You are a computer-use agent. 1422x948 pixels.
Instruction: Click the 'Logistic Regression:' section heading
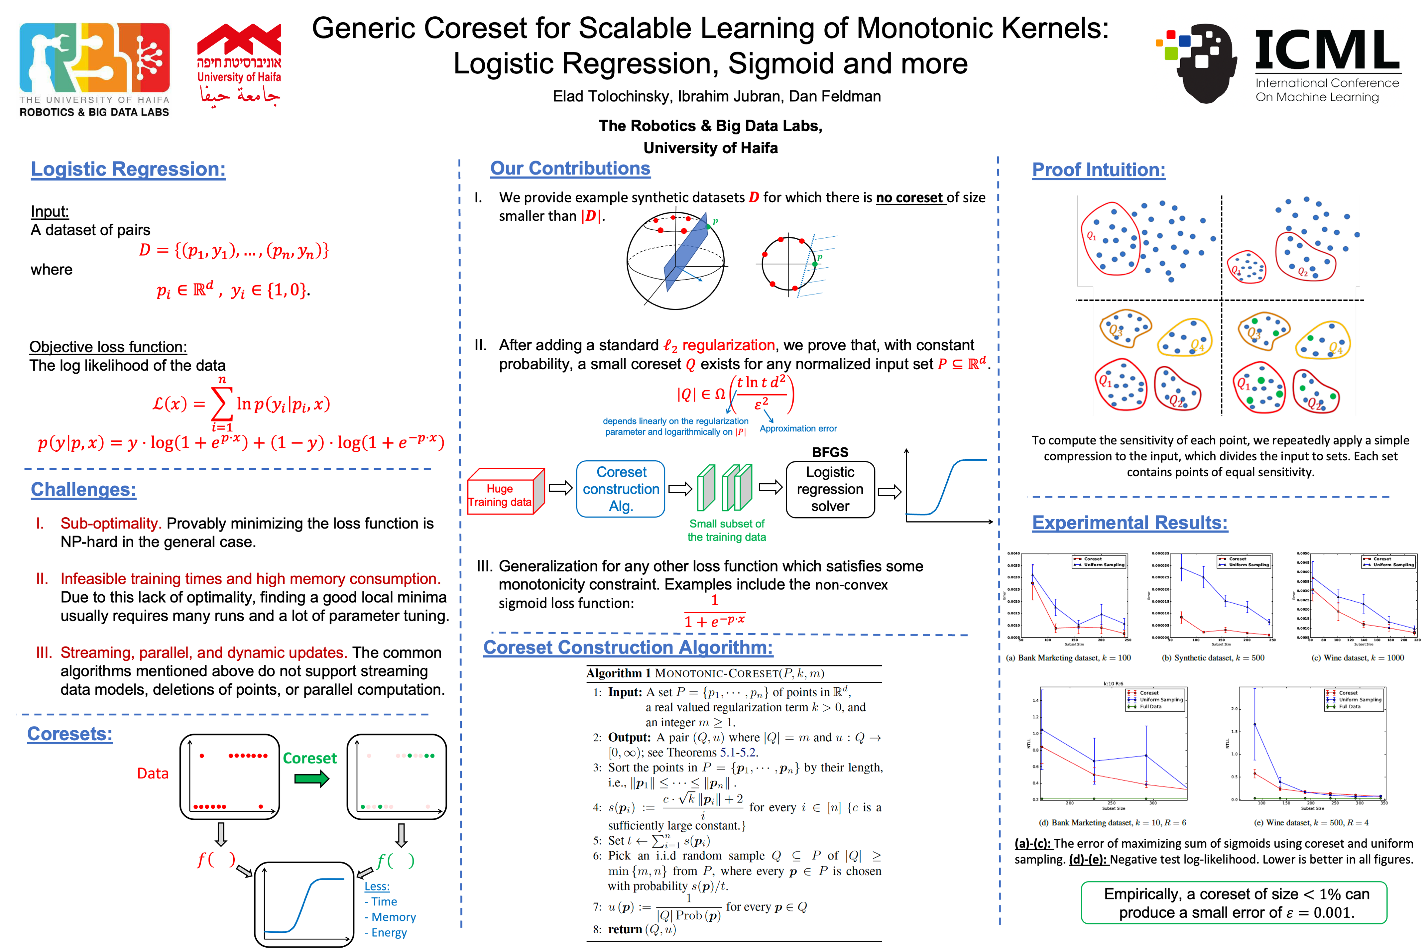128,169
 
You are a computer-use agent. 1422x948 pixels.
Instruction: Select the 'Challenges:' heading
83,489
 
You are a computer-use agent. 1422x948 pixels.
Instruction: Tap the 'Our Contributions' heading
570,169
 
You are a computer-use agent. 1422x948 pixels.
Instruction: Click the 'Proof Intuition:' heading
1099,170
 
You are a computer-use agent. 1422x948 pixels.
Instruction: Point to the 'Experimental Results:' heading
1129,523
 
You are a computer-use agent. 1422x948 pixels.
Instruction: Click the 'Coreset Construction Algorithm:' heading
628,648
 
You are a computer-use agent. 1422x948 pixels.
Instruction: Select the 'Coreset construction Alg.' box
621,489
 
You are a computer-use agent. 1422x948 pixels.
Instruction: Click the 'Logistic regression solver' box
830,489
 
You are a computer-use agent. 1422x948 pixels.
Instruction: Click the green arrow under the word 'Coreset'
311,779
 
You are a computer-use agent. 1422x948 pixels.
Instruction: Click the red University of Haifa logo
240,63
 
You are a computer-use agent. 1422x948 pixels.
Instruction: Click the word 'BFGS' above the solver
830,452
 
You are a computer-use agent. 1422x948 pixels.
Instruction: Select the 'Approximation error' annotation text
798,429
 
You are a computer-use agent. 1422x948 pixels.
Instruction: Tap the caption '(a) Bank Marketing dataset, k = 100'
1068,658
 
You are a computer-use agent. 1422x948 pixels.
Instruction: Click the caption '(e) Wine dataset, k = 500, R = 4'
1311,823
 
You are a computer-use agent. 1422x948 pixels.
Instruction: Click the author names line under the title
717,97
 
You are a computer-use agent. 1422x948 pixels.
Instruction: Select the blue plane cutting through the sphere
686,254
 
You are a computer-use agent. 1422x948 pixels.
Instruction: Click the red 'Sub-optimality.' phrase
110,524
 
